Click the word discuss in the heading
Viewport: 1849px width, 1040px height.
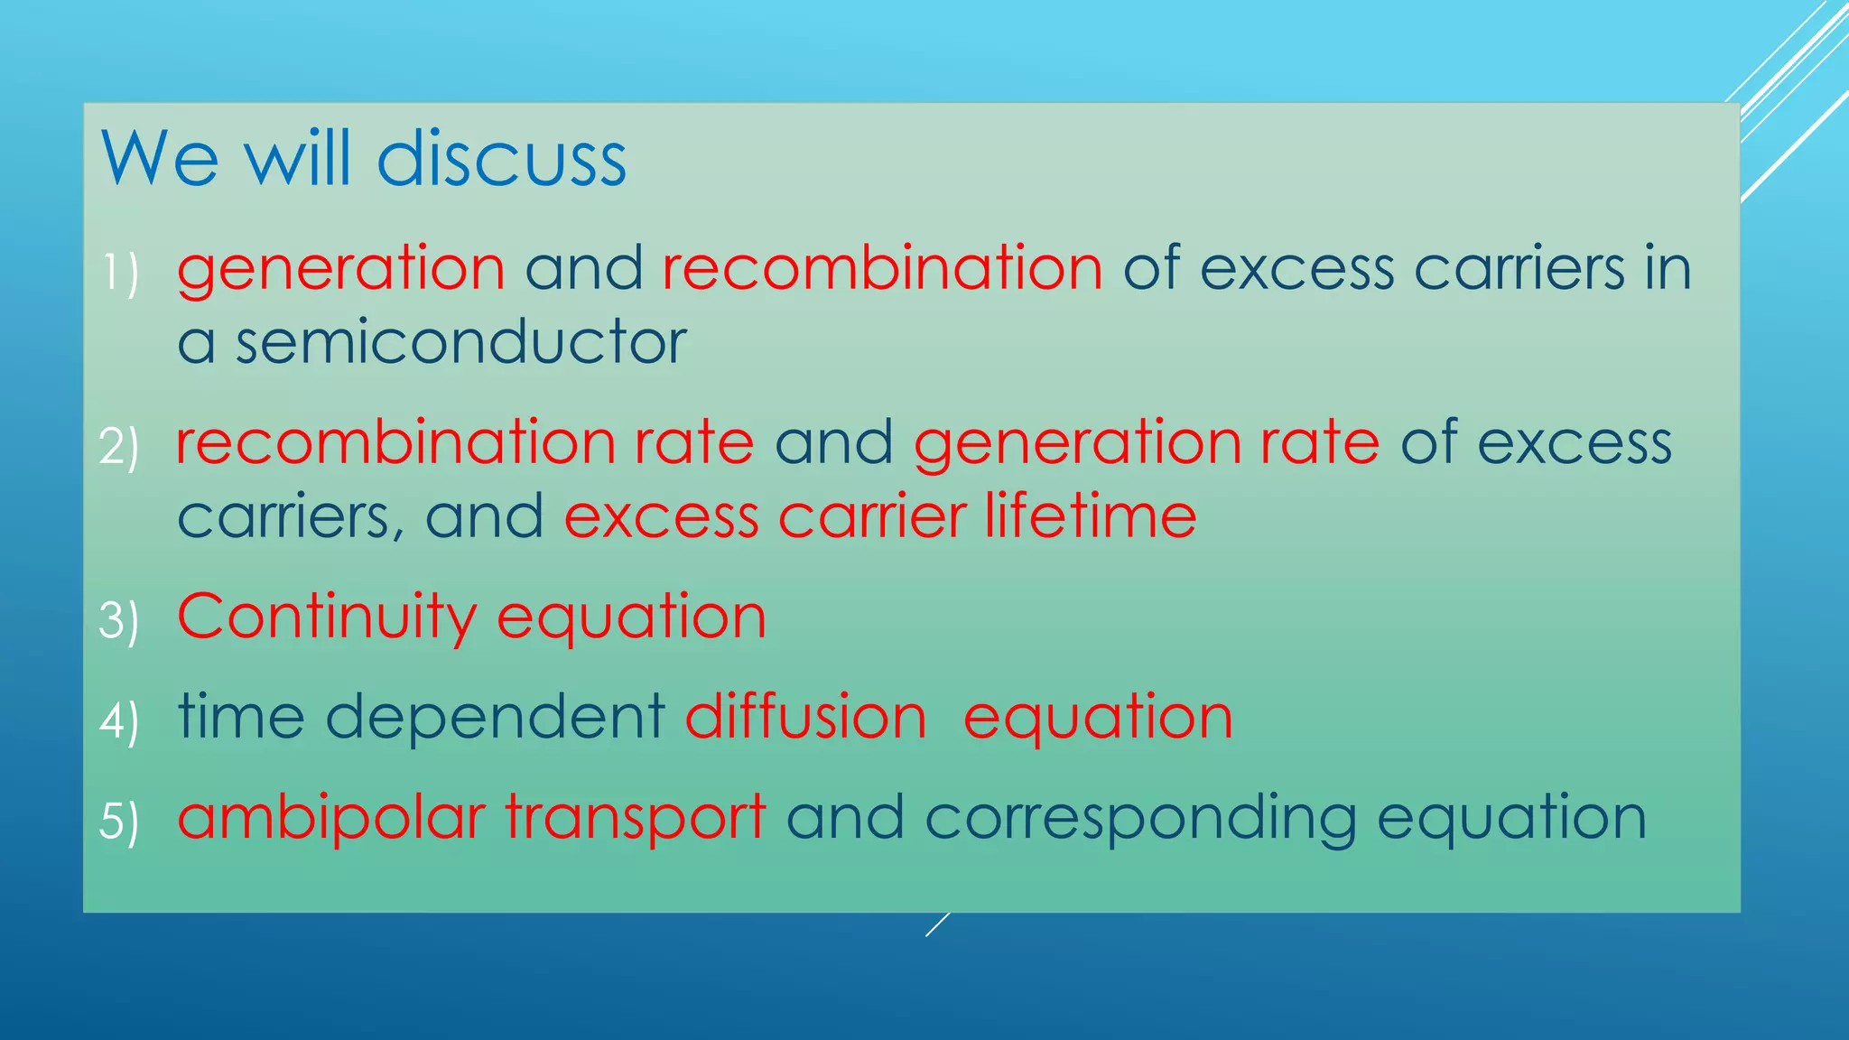[501, 160]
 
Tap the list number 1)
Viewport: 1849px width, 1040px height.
[119, 273]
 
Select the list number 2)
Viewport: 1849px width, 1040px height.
[119, 446]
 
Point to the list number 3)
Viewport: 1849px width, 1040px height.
[119, 620]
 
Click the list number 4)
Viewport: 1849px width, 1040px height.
[119, 720]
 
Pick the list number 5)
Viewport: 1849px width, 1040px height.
[119, 822]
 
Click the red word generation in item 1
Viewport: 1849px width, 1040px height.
[340, 269]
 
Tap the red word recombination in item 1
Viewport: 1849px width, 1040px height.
[882, 269]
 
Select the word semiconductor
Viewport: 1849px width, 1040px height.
[460, 343]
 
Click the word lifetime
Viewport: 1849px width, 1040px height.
[1091, 516]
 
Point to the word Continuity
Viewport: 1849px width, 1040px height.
[326, 617]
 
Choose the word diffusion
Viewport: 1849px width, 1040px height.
[805, 718]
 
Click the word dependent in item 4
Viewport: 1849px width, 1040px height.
[495, 718]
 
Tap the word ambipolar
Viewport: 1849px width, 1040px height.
[331, 818]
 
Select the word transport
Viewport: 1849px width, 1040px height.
[636, 818]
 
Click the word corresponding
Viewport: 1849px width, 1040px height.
[1140, 818]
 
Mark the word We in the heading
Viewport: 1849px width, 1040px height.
[160, 160]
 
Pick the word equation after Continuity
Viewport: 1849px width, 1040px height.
[631, 617]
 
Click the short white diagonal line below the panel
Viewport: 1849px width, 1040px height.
[937, 924]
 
